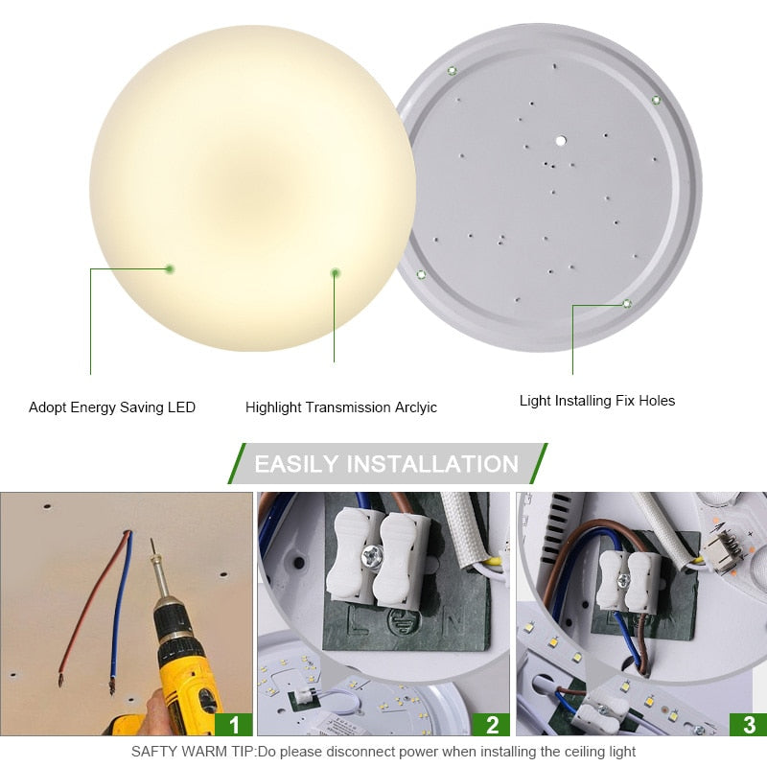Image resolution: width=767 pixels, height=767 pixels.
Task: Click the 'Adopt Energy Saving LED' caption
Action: click(x=112, y=407)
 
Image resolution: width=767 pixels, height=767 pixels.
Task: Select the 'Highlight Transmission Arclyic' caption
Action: click(x=340, y=407)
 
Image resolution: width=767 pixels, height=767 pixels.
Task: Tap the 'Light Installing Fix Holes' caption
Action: click(x=597, y=401)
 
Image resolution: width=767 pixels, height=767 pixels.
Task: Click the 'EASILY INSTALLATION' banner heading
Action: click(x=386, y=464)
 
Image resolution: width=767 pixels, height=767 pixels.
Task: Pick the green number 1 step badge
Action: click(x=234, y=724)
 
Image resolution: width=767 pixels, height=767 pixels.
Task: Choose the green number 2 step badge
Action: click(x=492, y=724)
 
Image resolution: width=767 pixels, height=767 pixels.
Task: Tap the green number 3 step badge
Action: click(x=749, y=724)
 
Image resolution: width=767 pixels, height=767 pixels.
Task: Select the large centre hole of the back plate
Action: click(x=560, y=140)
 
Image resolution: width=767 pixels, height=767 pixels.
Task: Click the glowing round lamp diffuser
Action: click(x=252, y=187)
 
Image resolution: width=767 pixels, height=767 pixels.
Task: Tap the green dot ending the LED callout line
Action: click(x=169, y=269)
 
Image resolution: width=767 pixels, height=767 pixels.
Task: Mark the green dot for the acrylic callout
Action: click(x=335, y=273)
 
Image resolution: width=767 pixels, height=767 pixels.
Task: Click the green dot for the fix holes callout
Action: click(x=626, y=304)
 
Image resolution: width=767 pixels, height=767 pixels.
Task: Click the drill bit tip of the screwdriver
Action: click(x=152, y=545)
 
